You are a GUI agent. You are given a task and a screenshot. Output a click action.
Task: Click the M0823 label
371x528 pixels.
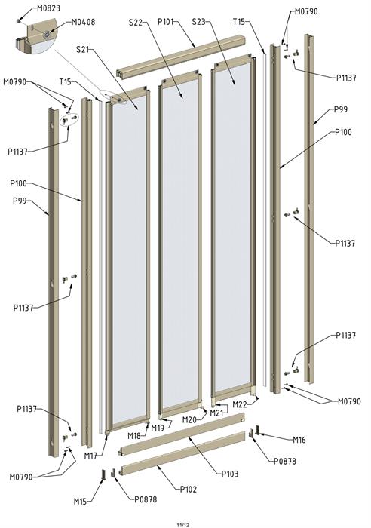[x=48, y=8]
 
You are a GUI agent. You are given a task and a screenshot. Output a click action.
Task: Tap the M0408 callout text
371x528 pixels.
[x=83, y=22]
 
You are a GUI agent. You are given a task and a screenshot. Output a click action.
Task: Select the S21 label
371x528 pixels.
[x=82, y=50]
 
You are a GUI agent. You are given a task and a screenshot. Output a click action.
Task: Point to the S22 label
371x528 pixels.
[x=136, y=23]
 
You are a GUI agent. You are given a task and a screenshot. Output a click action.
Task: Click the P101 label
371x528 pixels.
[x=166, y=22]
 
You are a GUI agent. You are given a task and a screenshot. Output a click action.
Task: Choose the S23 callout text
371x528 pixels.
[x=198, y=22]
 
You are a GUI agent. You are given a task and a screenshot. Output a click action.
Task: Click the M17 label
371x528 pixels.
[x=90, y=456]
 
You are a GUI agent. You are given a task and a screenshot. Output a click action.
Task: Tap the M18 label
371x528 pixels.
[x=134, y=436]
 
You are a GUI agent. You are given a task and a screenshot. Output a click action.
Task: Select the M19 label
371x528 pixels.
[x=158, y=428]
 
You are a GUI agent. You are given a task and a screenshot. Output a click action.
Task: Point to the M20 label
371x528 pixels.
[x=189, y=420]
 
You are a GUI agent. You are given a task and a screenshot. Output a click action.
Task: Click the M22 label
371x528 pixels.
[x=240, y=404]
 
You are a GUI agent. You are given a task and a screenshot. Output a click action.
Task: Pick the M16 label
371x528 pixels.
[x=299, y=440]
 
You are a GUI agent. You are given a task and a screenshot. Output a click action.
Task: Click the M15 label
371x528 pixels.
[x=80, y=502]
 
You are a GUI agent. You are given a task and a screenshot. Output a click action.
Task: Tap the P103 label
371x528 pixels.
[x=230, y=474]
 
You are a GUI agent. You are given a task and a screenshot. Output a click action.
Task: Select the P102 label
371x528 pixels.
[x=189, y=490]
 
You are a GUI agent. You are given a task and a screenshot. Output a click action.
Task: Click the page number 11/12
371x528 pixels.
[x=183, y=525]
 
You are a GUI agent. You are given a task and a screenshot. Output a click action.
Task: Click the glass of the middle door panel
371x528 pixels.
[x=180, y=242]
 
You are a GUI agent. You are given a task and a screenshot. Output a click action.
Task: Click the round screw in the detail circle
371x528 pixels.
[x=49, y=34]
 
